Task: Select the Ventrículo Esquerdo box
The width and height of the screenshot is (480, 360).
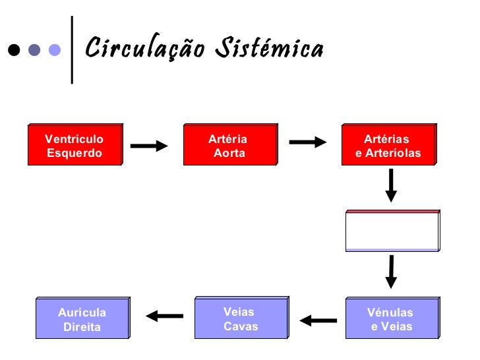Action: pos(75,145)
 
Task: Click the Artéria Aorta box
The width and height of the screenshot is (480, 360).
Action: pos(229,145)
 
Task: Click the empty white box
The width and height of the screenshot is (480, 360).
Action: pos(392,231)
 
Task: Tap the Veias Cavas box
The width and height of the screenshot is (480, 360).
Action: pos(241,319)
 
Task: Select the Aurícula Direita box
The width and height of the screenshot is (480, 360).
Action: pos(82,319)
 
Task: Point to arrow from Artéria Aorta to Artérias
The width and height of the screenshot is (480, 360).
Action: pos(308,142)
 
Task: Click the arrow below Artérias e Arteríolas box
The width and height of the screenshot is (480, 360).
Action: pos(391,185)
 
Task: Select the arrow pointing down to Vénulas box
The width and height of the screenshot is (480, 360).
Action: pos(391,271)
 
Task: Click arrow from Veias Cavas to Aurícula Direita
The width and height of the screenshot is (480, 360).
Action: pos(164,316)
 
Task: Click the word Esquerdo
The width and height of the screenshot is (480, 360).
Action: pos(75,153)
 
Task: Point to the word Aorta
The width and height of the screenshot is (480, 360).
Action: pos(229,153)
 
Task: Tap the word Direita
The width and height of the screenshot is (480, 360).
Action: pos(82,327)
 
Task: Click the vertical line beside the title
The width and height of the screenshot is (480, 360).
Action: pos(71,49)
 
